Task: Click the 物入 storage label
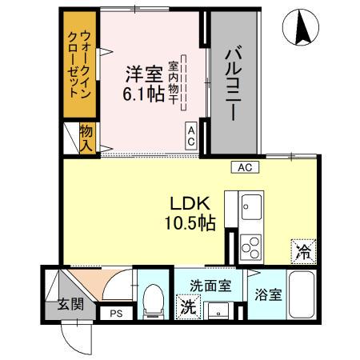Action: (x=87, y=137)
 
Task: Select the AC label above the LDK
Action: (x=245, y=166)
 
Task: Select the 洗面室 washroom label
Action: (x=210, y=285)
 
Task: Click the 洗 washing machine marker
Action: (x=188, y=306)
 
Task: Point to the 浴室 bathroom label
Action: (x=268, y=294)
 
